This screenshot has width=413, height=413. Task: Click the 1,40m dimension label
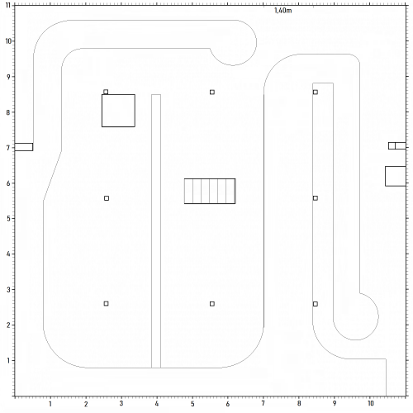[282, 11]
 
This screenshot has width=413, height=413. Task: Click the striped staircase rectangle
[210, 191]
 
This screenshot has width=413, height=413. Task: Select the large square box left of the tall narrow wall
[118, 111]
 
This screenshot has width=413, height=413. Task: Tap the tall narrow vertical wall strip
[156, 231]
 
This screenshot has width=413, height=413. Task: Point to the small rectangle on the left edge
[24, 147]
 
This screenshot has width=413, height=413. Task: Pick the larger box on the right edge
[395, 176]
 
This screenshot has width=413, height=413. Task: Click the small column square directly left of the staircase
[107, 198]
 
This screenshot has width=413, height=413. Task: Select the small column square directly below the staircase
[212, 304]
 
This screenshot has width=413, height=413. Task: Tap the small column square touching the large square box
[106, 92]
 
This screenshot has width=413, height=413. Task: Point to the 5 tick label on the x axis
[192, 405]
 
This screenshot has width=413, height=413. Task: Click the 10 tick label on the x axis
[371, 405]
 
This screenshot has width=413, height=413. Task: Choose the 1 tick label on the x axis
[50, 405]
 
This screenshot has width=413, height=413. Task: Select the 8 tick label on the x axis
[300, 405]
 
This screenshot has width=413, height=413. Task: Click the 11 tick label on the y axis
[8, 5]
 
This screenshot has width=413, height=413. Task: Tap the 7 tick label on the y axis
[8, 147]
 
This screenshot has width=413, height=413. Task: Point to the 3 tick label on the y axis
[8, 290]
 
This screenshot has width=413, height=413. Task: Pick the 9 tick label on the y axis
[8, 76]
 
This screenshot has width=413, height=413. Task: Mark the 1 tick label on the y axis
[8, 361]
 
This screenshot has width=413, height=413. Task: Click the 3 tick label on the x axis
[121, 405]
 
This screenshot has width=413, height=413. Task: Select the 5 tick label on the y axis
[8, 219]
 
